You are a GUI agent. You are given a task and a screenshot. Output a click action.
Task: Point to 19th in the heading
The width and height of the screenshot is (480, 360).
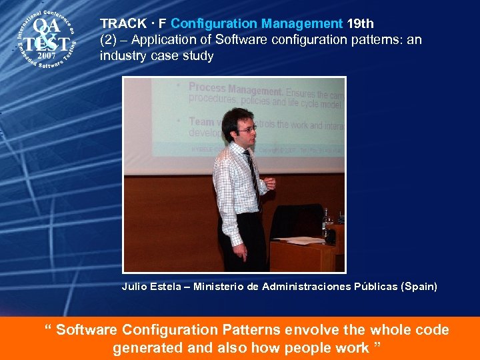pyautogui.click(x=360, y=24)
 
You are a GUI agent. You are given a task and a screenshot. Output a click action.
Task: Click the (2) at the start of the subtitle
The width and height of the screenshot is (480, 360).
pyautogui.click(x=107, y=40)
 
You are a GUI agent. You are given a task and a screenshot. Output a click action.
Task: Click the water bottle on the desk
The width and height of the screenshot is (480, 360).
pyautogui.click(x=327, y=224)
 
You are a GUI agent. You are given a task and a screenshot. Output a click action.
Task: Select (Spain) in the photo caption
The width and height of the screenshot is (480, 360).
pyautogui.click(x=419, y=287)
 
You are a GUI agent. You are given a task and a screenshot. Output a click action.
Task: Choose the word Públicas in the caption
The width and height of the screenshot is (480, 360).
pyautogui.click(x=370, y=287)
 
